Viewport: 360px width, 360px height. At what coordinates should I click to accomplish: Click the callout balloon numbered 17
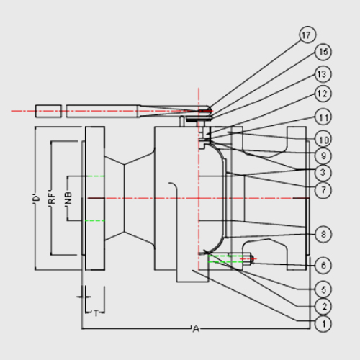pyautogui.click(x=307, y=35)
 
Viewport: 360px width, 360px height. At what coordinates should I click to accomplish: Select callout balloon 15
pyautogui.click(x=323, y=52)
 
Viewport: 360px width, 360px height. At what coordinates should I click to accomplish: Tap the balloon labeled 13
pyautogui.click(x=323, y=74)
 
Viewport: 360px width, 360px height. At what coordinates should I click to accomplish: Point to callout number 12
pyautogui.click(x=323, y=94)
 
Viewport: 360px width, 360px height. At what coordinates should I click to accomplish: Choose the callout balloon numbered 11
pyautogui.click(x=323, y=117)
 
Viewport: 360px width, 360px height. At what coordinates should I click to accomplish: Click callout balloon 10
pyautogui.click(x=323, y=139)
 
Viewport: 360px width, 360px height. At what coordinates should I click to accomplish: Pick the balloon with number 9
pyautogui.click(x=323, y=156)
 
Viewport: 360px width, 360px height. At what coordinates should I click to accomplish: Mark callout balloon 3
pyautogui.click(x=323, y=172)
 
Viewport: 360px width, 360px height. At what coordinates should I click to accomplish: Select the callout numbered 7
pyautogui.click(x=323, y=190)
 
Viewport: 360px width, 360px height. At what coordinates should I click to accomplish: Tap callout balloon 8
pyautogui.click(x=323, y=234)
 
